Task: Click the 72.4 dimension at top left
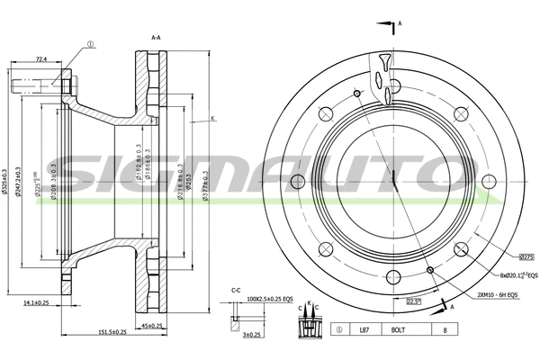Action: (40, 59)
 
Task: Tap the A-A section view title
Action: (156, 38)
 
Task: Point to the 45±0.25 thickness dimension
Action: (150, 325)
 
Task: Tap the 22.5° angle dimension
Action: (413, 301)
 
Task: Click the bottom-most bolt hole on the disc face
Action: (393, 278)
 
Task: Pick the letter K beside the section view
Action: (213, 119)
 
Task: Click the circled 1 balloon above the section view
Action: (91, 42)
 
